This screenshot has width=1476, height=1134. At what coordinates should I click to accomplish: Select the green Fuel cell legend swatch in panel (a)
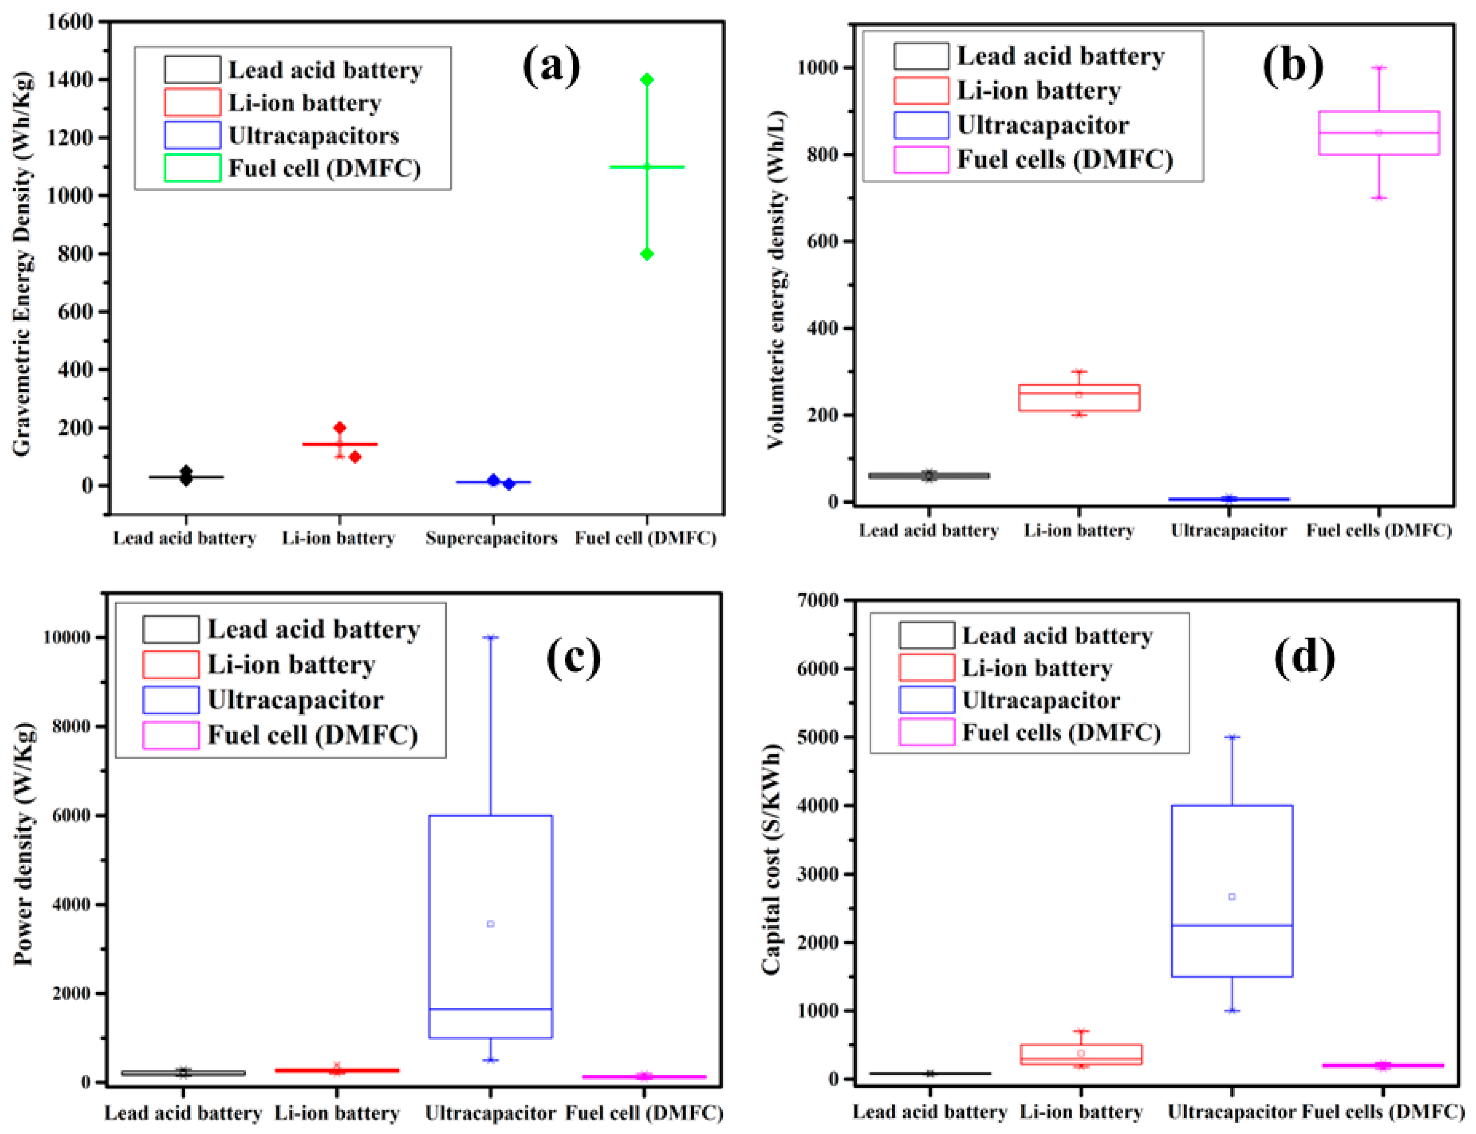192,168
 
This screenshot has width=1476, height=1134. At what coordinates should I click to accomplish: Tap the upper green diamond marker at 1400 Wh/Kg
647,80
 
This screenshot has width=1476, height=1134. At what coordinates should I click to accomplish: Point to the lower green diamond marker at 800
647,254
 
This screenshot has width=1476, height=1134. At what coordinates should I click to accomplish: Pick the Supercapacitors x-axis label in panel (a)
491,538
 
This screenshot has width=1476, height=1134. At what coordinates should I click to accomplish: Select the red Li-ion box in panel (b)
1079,397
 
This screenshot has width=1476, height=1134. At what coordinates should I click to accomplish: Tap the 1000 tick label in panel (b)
818,68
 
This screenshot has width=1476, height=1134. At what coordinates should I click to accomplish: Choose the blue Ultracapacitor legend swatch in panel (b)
921,125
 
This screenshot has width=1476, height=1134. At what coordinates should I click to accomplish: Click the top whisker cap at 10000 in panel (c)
491,636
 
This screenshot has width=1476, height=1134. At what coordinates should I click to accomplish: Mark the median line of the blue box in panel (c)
491,1009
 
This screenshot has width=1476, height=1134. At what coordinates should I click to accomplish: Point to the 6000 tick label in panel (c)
70,815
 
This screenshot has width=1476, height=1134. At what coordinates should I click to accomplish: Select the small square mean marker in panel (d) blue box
1232,897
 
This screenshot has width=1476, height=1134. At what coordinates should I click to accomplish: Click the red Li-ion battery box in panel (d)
1081,1054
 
